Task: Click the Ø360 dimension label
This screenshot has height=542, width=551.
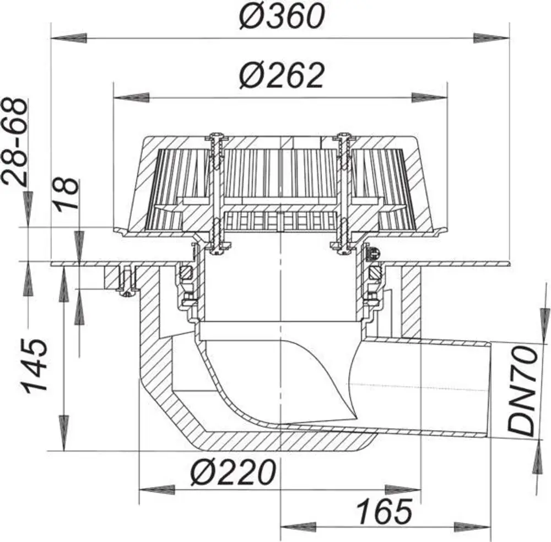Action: pos(282,16)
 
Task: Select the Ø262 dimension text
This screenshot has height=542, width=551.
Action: pos(282,76)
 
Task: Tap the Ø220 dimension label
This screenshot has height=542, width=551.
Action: pos(233,472)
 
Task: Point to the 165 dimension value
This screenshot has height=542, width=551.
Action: pos(383,512)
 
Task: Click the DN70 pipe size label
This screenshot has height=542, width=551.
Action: pos(523,391)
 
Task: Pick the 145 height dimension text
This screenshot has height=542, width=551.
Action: pos(34,366)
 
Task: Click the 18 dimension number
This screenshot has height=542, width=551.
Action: pos(67,194)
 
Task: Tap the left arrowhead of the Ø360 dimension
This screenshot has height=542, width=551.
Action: pos(69,38)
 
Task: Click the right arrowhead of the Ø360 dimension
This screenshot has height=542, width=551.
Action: pos(491,38)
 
